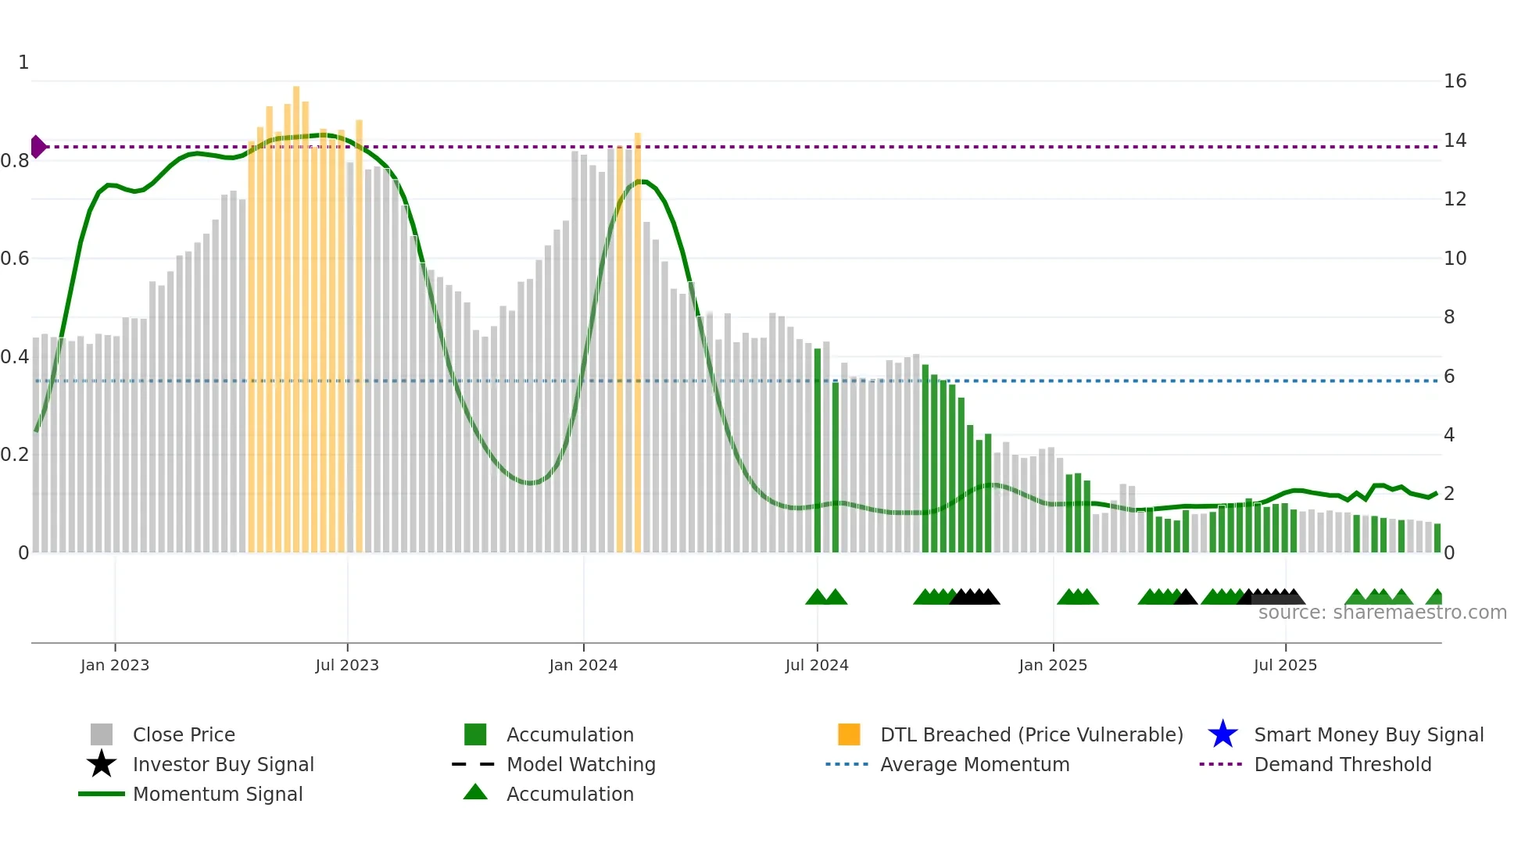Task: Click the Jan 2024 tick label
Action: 583,665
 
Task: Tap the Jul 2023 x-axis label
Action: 347,665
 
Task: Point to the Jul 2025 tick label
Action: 1285,665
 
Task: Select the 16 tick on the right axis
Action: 1455,81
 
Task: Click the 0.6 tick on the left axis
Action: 16,259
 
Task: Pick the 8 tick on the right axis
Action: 1449,317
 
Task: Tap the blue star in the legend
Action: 1222,734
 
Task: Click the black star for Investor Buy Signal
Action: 102,764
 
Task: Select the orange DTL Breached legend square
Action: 849,734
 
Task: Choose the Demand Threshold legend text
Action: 1342,764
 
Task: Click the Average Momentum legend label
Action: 975,764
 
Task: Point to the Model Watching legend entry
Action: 581,764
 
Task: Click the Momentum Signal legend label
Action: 217,794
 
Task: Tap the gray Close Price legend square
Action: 102,734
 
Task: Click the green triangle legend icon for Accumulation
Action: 475,792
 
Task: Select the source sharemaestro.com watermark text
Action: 1382,613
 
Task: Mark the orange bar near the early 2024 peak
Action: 638,344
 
